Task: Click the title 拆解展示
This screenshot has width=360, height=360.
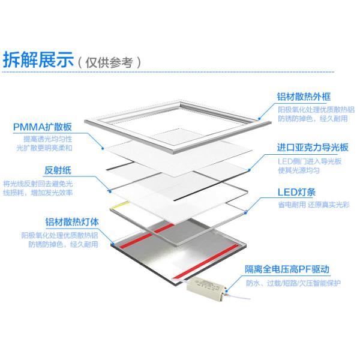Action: (x=38, y=60)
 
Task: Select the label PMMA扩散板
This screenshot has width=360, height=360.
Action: (x=42, y=127)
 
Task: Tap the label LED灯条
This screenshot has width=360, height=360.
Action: (x=299, y=192)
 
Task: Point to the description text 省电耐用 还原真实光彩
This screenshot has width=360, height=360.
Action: (x=313, y=206)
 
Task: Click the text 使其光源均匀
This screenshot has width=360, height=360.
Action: (x=299, y=171)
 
